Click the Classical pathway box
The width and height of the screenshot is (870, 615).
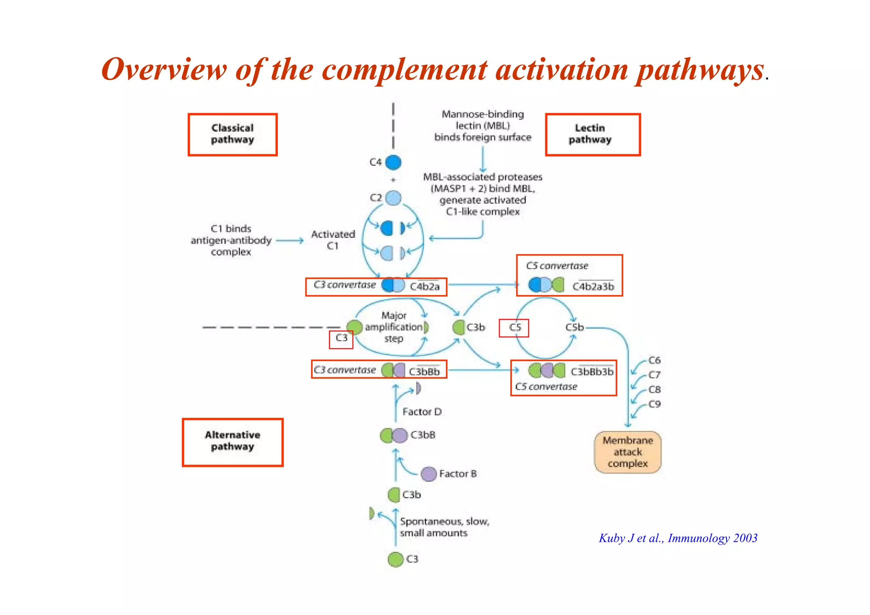point(232,134)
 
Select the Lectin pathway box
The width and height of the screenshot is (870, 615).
point(593,134)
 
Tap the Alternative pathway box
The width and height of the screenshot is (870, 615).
point(232,442)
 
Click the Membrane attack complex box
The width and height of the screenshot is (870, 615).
point(627,452)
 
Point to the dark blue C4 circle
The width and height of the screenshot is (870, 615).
point(393,162)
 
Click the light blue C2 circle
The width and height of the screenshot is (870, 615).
point(394,198)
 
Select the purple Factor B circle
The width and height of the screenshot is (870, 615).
point(429,474)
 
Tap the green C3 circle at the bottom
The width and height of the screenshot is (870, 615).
point(395,559)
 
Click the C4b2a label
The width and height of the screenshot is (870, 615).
point(425,287)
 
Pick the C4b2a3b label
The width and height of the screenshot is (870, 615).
point(593,287)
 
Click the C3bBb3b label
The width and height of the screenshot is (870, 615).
point(592,372)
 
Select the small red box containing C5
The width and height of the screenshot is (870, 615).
point(514,328)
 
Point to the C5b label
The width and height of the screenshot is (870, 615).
point(574,327)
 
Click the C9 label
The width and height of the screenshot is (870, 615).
point(655,404)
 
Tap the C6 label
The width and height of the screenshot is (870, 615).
point(655,360)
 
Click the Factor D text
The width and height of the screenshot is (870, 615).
point(422,412)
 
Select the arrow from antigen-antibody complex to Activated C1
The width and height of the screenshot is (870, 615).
point(290,241)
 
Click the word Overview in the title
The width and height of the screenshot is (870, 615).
point(164,69)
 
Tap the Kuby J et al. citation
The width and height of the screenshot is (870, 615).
point(678,538)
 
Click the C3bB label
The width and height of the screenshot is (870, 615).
point(423,435)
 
